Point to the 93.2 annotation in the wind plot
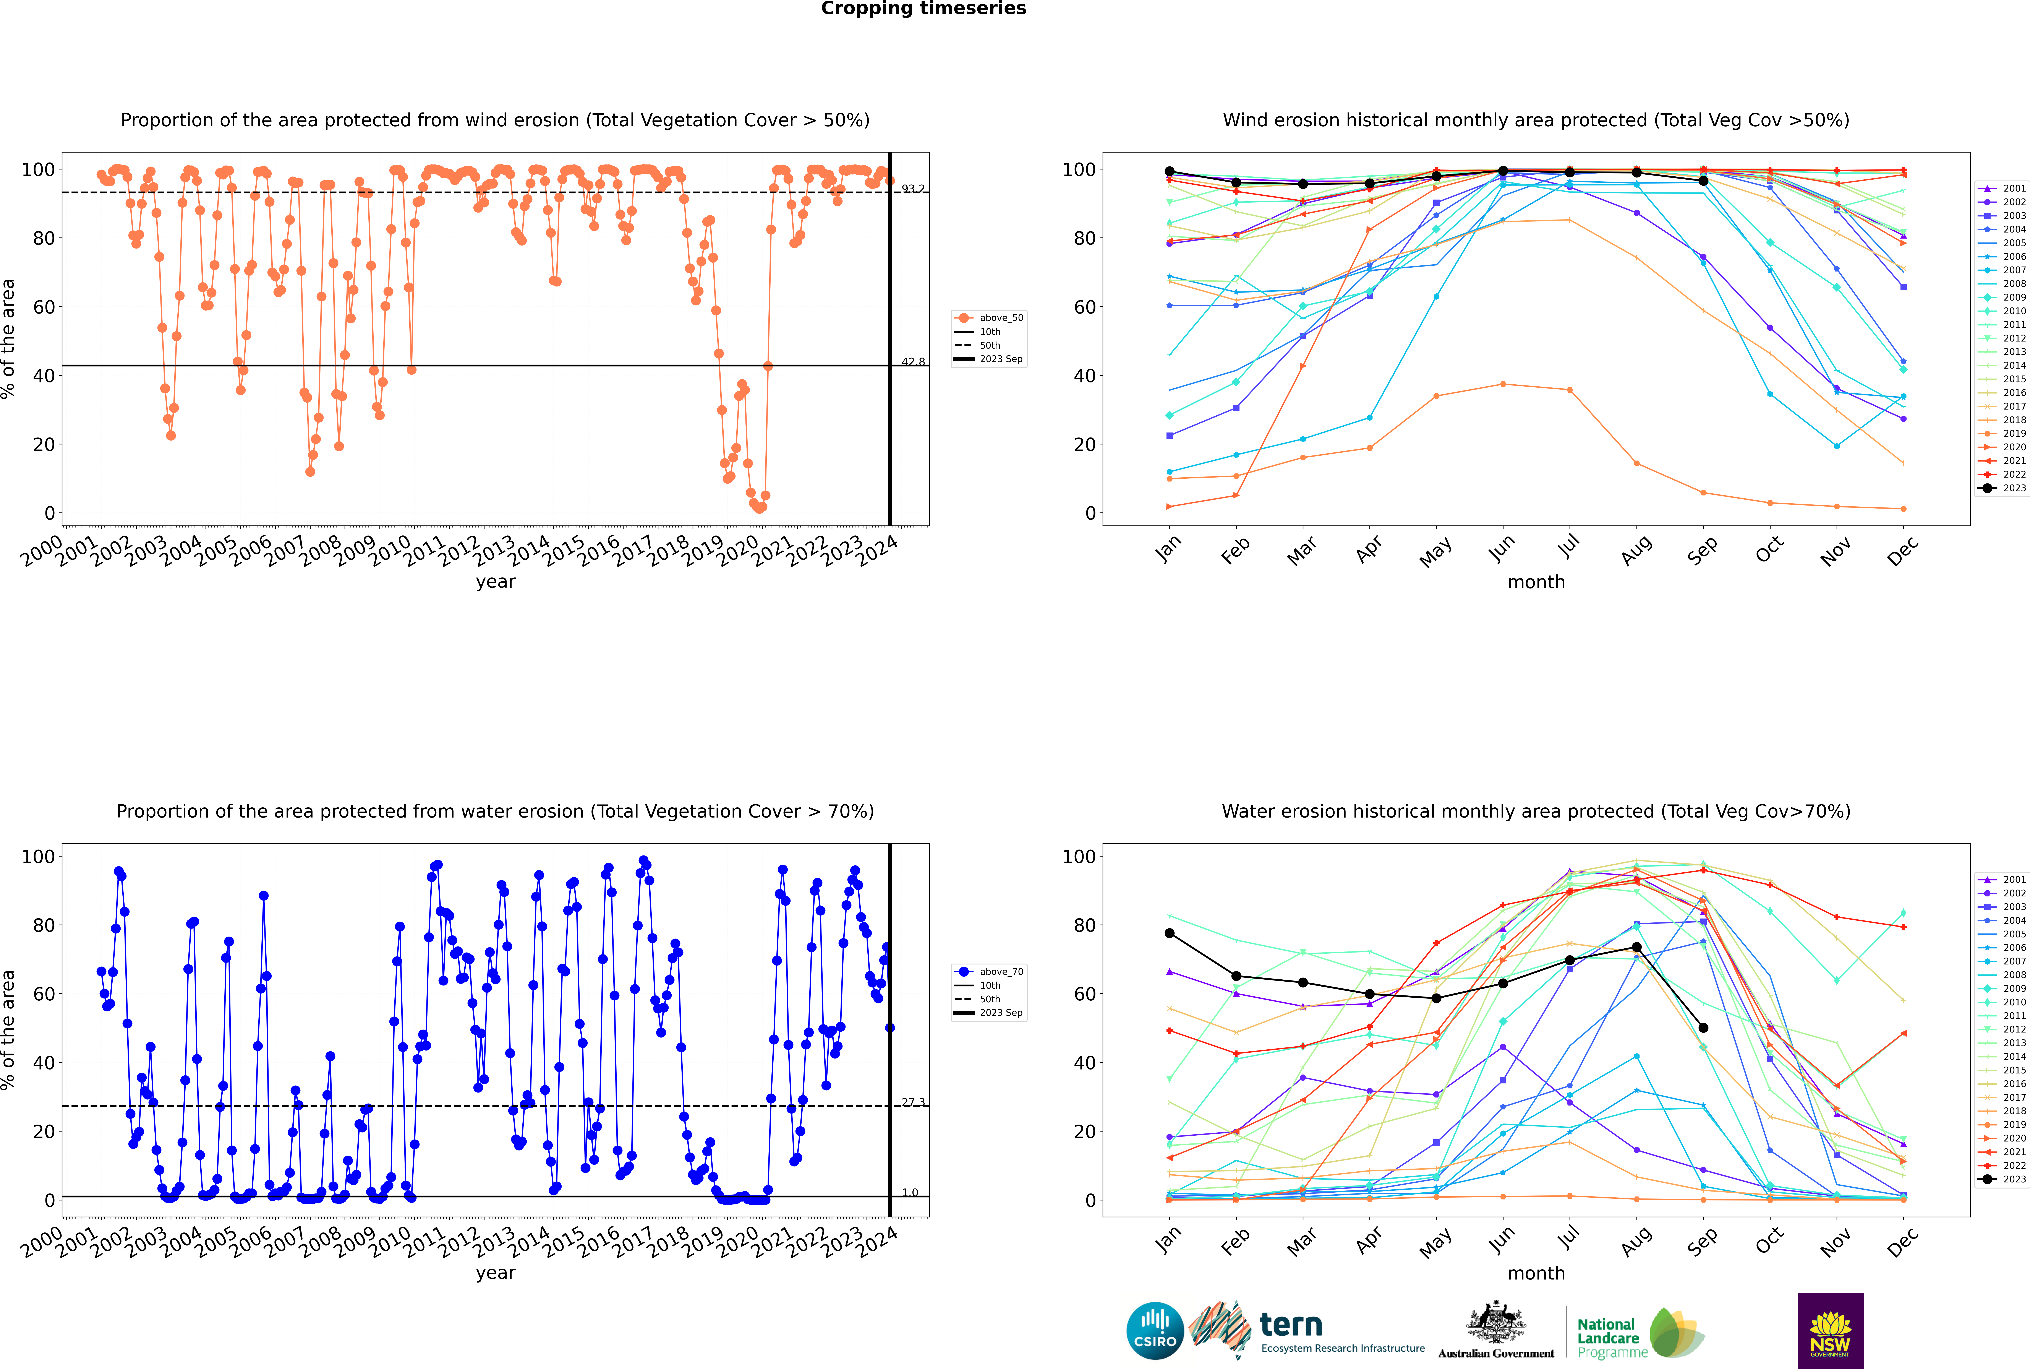coord(913,189)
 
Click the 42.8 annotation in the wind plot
coord(913,361)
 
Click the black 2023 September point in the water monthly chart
coord(1703,1028)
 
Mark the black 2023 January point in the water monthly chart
coord(1170,933)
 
